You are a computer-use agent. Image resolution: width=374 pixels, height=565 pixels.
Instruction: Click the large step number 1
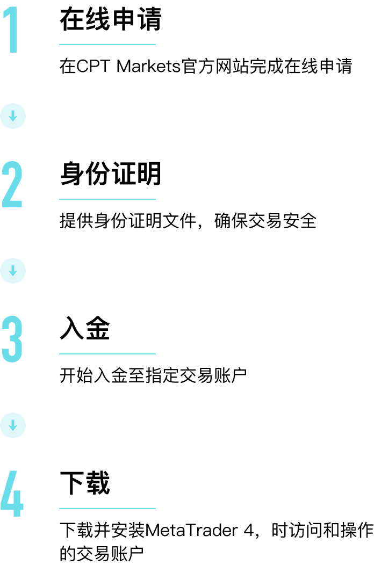[13, 30]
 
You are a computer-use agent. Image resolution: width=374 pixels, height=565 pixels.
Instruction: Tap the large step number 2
[12, 185]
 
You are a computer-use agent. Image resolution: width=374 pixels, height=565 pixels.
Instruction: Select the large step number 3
[12, 339]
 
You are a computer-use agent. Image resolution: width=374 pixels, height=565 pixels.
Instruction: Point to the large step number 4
[12, 494]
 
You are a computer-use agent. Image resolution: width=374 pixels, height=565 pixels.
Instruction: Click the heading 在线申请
[110, 19]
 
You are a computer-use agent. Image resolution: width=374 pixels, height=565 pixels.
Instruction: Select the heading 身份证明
[110, 174]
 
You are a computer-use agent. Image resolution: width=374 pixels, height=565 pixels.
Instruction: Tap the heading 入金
[85, 328]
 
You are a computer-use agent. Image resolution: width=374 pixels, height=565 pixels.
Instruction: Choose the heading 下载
[85, 483]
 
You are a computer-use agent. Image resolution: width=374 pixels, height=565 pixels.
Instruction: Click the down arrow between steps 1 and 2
[13, 116]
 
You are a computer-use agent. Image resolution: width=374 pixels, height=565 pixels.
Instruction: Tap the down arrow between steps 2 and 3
[13, 271]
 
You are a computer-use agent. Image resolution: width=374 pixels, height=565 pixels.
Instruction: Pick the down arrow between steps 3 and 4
[13, 425]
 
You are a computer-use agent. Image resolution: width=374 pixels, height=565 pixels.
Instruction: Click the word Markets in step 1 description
[148, 66]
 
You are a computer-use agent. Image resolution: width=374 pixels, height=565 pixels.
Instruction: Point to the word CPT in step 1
[93, 66]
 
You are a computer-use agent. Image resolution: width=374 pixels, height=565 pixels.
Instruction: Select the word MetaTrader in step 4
[191, 531]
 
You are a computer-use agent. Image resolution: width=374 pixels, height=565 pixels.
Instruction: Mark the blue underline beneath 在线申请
[107, 45]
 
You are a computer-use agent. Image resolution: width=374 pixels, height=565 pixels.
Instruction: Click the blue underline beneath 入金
[107, 354]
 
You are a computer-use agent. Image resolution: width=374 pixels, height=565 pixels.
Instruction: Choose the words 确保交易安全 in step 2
[265, 221]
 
